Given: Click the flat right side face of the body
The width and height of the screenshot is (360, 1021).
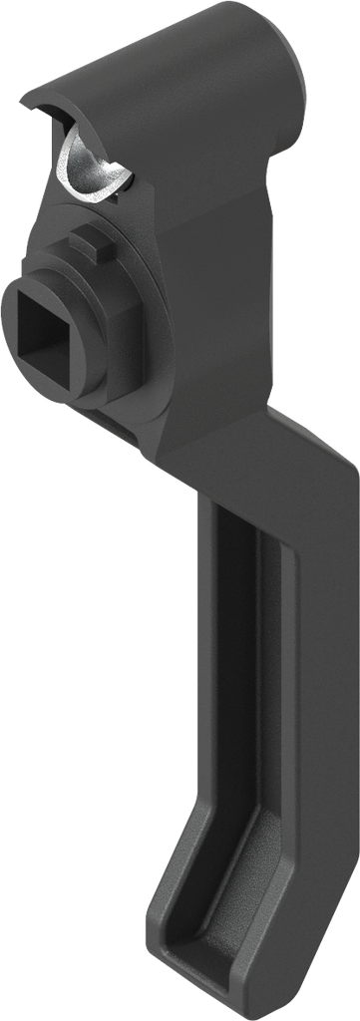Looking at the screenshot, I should point(234,299).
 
